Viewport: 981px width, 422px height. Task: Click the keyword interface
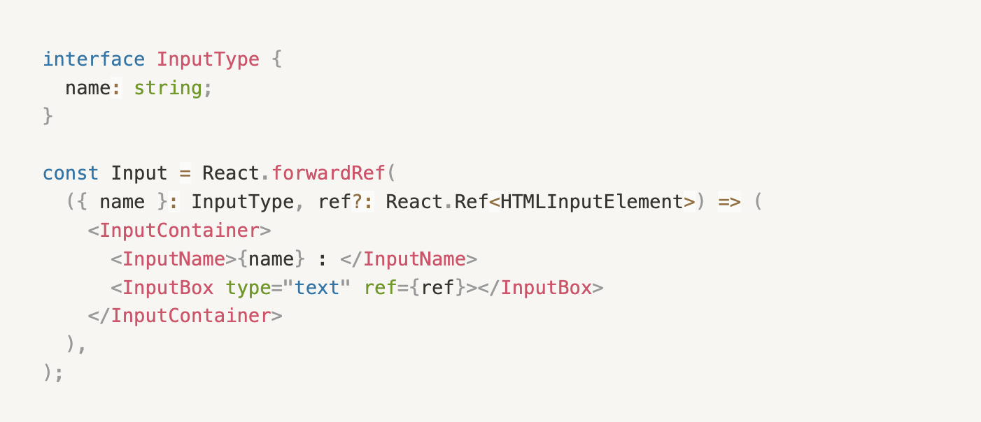tap(94, 59)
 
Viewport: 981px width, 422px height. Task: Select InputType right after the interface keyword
tap(208, 59)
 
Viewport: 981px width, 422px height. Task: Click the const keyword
tap(71, 173)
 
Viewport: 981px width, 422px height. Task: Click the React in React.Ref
tap(414, 202)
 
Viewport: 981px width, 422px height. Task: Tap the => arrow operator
tap(728, 202)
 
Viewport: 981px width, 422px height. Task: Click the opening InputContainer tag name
tap(179, 231)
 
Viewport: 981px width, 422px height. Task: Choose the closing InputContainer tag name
tap(190, 316)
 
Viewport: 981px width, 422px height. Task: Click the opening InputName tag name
tap(174, 259)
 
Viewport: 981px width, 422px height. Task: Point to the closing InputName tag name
tap(414, 259)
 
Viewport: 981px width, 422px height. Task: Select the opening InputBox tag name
tap(168, 287)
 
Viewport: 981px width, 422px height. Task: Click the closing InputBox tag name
tap(546, 287)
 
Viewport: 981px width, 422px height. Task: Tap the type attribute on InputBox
tap(248, 287)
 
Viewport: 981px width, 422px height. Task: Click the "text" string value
tap(316, 287)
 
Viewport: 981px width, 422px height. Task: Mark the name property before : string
tap(88, 88)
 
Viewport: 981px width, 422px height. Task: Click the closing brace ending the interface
tap(48, 116)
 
